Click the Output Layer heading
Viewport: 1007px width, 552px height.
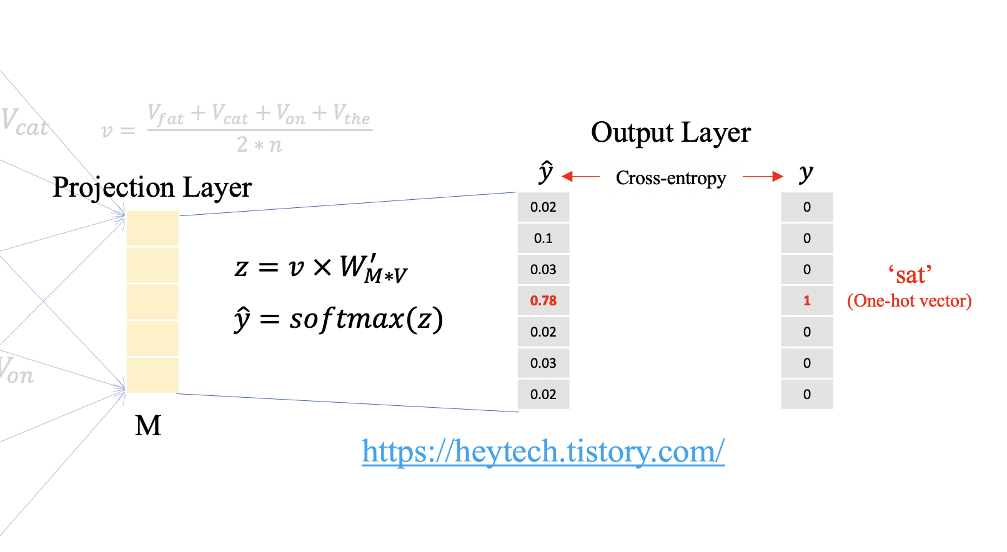(x=670, y=133)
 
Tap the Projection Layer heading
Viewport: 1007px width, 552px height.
(x=152, y=187)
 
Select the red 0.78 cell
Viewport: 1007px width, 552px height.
(x=543, y=301)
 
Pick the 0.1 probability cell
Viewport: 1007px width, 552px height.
(x=543, y=239)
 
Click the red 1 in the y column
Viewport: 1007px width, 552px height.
(x=806, y=301)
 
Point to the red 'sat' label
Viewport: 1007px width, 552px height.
(x=910, y=275)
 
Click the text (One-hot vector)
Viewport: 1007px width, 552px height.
(x=909, y=301)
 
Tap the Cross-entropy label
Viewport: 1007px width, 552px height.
(x=670, y=179)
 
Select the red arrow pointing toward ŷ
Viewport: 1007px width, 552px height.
(x=580, y=177)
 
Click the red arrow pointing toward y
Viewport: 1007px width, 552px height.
(x=763, y=177)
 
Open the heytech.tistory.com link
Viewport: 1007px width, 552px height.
(x=543, y=451)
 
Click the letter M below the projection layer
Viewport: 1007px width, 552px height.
(x=148, y=426)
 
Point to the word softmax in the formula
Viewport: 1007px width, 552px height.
(x=347, y=319)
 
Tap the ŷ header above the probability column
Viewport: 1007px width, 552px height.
(x=545, y=172)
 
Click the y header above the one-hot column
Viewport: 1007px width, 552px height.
(x=806, y=173)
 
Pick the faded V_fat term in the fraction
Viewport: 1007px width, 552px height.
(x=166, y=115)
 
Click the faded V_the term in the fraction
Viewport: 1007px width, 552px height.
(x=351, y=115)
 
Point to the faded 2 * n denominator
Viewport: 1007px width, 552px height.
(x=259, y=145)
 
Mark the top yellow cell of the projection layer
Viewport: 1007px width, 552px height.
(x=152, y=229)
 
